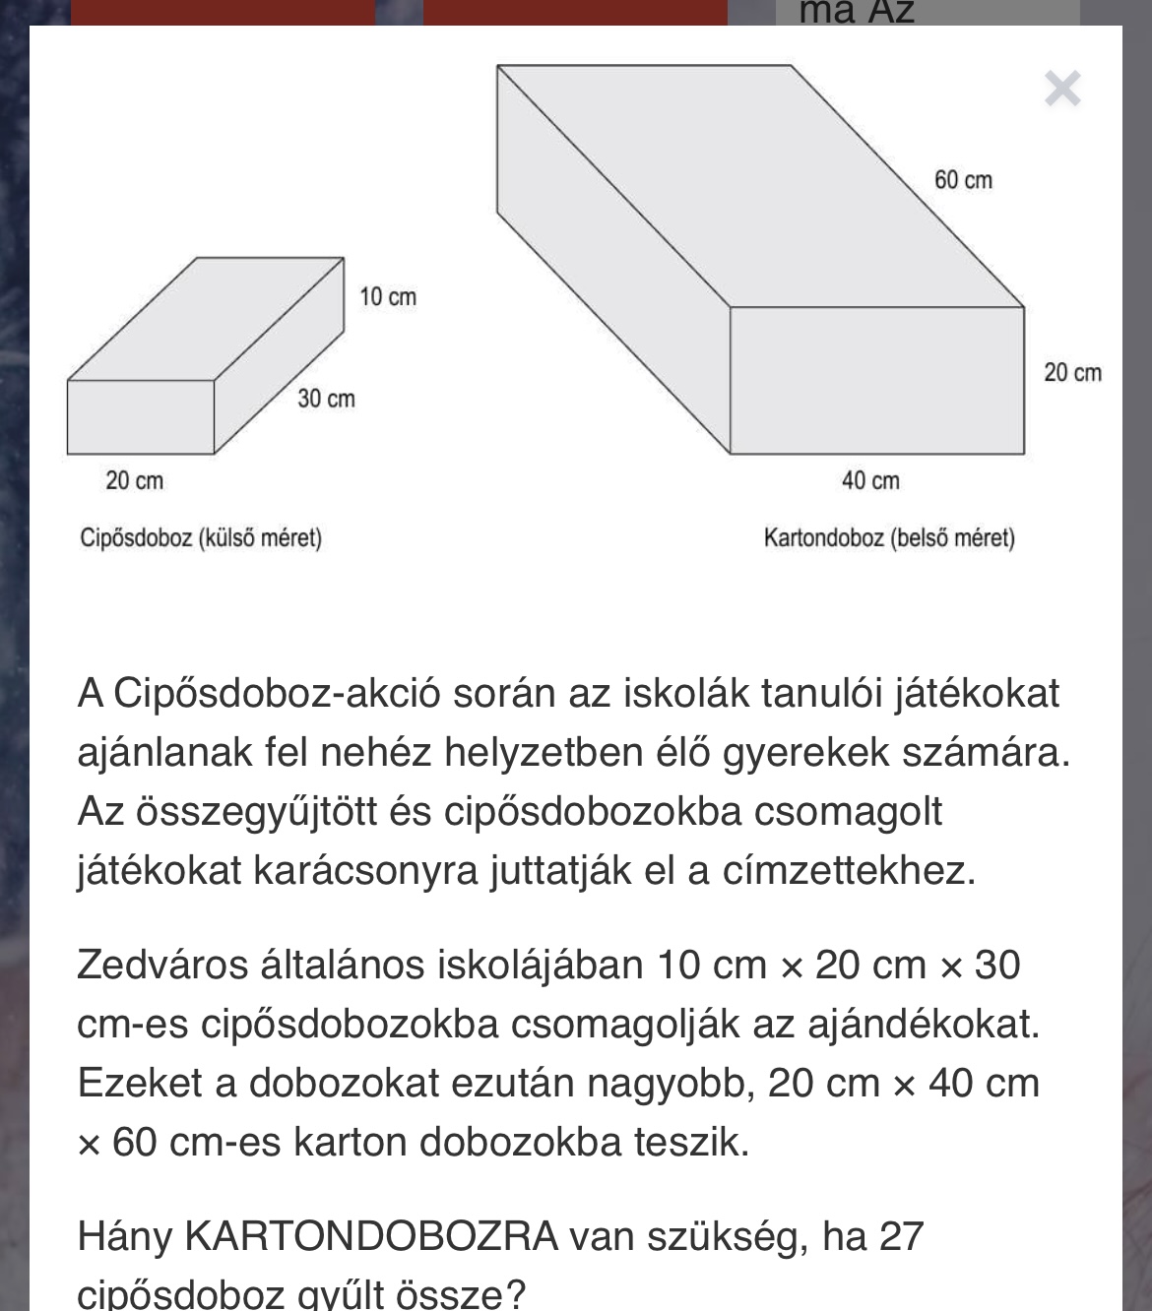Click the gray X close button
click(x=1062, y=90)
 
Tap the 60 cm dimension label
click(x=963, y=180)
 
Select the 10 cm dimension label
click(x=387, y=296)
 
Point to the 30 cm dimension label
click(x=326, y=399)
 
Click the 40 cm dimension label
click(x=870, y=480)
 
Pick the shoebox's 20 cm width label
click(x=135, y=480)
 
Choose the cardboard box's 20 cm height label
click(x=1072, y=373)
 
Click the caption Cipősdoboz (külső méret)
click(x=201, y=538)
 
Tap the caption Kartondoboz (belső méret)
click(x=889, y=538)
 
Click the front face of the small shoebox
click(x=141, y=416)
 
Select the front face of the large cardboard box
click(x=876, y=380)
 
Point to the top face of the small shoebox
click(x=207, y=318)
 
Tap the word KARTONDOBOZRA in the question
click(x=372, y=1236)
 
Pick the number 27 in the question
click(x=900, y=1236)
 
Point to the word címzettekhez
click(x=849, y=871)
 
